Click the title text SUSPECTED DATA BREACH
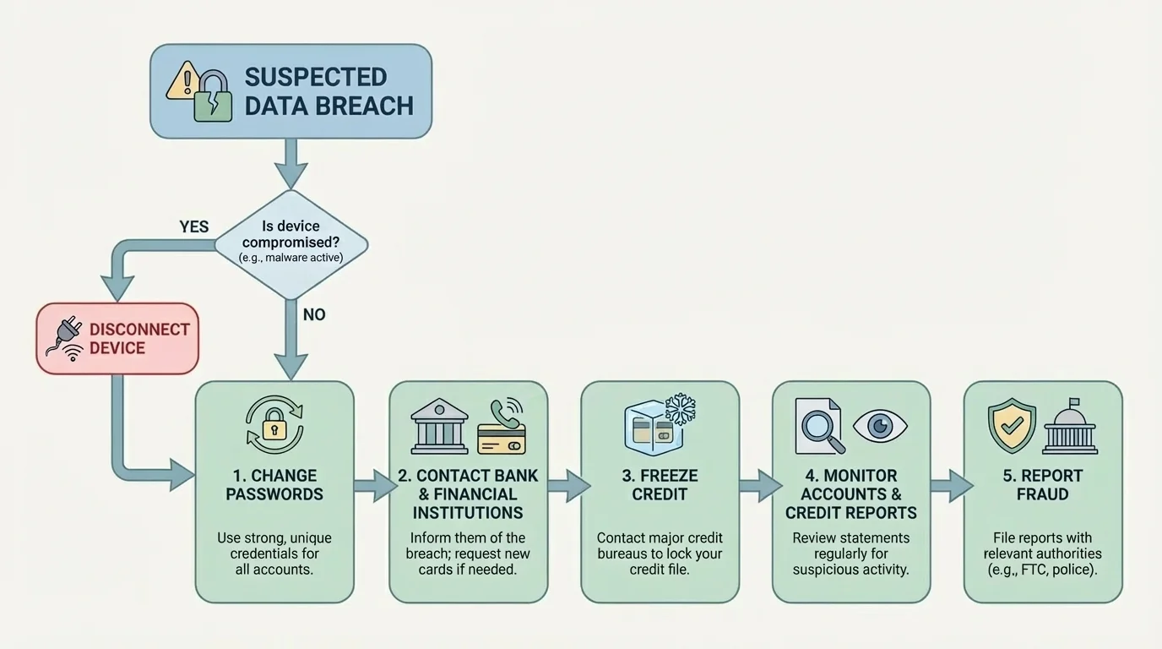click(x=329, y=91)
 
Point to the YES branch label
click(x=193, y=226)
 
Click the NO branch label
click(x=313, y=314)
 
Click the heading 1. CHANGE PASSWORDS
click(x=274, y=485)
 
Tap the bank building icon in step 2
click(x=439, y=426)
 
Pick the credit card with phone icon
click(x=502, y=427)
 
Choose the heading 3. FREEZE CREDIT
click(x=660, y=485)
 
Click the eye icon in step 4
click(x=879, y=425)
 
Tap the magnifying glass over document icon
click(x=819, y=427)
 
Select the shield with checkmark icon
click(x=1011, y=425)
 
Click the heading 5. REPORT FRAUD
click(x=1042, y=485)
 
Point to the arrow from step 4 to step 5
click(x=951, y=485)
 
